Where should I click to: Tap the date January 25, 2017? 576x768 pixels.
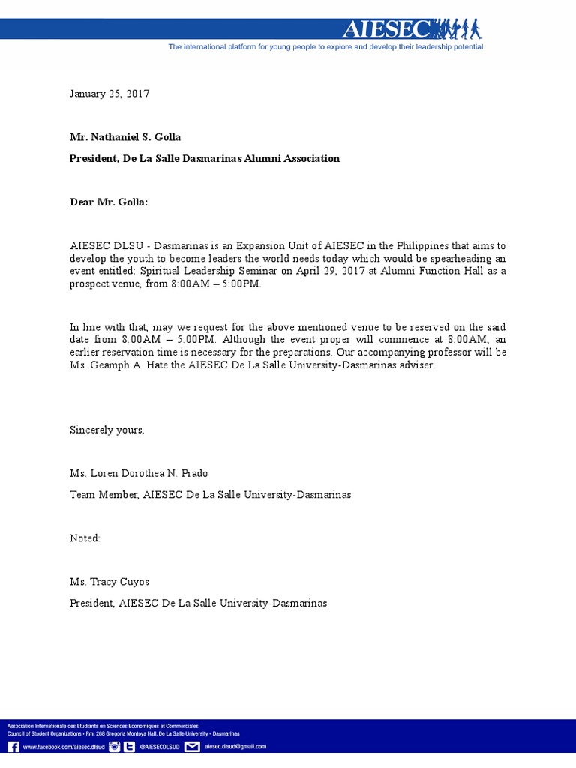click(x=109, y=94)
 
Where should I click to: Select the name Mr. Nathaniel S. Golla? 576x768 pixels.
click(x=125, y=137)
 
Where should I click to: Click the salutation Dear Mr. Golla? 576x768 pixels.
click(x=109, y=202)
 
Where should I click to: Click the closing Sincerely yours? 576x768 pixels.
click(x=106, y=430)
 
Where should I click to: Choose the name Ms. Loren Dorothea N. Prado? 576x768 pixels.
click(x=139, y=473)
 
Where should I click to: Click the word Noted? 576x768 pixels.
click(x=85, y=538)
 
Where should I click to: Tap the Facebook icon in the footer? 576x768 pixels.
click(x=13, y=747)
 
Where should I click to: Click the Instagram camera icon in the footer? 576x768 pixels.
click(x=115, y=747)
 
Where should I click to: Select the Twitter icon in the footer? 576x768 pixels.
click(x=130, y=747)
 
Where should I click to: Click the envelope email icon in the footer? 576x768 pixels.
click(x=192, y=747)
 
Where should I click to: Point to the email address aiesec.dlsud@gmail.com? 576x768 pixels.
click(x=235, y=747)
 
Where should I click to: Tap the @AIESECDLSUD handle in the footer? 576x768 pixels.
click(x=159, y=747)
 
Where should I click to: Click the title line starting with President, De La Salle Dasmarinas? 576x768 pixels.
click(x=204, y=158)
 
